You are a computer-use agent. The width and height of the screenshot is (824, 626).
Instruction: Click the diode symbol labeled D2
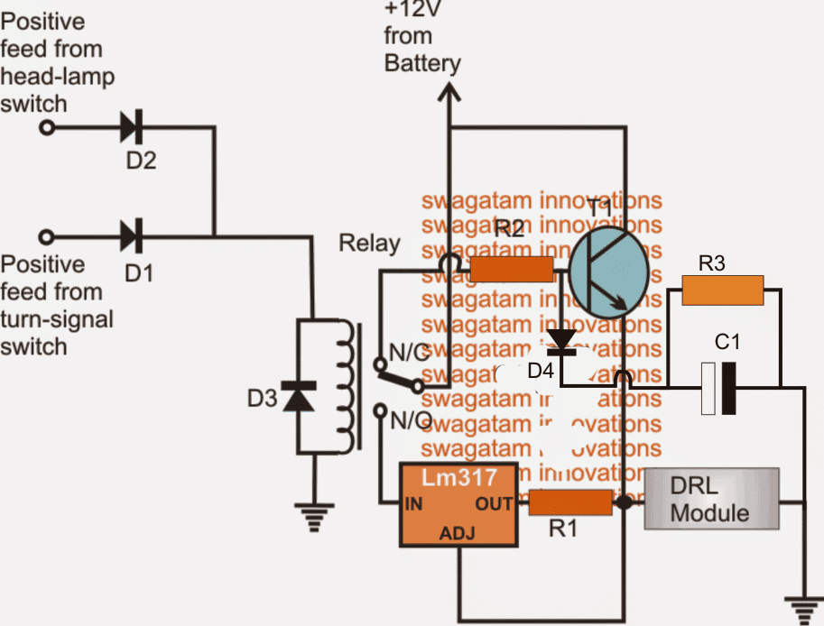click(132, 128)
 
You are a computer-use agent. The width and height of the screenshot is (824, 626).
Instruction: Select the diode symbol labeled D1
click(132, 237)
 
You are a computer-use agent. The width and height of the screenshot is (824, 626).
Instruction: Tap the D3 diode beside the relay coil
click(297, 396)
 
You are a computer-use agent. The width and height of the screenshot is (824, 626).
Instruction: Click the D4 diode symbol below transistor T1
click(562, 340)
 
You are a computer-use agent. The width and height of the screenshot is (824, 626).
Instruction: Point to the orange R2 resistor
click(511, 269)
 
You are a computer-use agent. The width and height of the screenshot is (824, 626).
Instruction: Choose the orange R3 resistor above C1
click(722, 290)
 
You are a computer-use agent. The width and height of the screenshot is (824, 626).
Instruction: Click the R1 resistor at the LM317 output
click(569, 502)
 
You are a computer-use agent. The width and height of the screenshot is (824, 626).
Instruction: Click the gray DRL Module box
click(710, 499)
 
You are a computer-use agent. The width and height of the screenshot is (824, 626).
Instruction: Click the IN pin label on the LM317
click(413, 505)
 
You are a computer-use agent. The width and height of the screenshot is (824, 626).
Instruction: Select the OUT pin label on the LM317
click(494, 505)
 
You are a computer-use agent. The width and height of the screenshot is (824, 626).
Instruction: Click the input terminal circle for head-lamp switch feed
click(46, 128)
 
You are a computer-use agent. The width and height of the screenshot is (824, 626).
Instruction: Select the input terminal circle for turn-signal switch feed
click(46, 237)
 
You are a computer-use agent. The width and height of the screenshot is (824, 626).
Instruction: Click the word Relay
click(369, 244)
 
